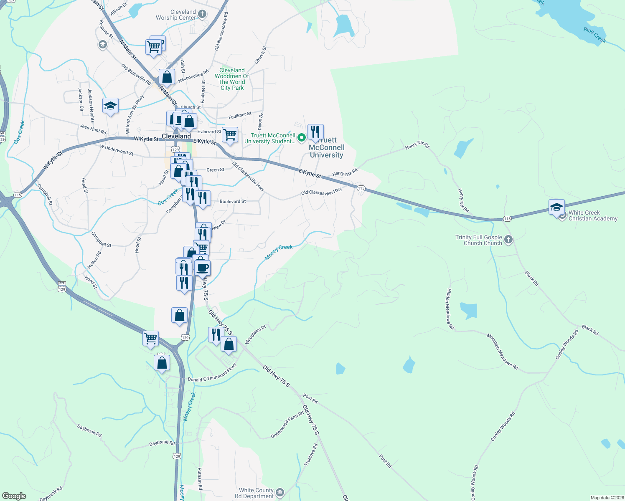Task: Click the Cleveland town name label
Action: pyautogui.click(x=176, y=137)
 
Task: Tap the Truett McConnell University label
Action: pyautogui.click(x=326, y=148)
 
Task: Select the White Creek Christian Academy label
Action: pyautogui.click(x=592, y=215)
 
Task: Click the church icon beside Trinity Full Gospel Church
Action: pyautogui.click(x=508, y=240)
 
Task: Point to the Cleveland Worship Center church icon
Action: pyautogui.click(x=202, y=15)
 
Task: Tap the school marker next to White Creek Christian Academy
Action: pyautogui.click(x=556, y=207)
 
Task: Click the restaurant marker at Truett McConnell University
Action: pyautogui.click(x=315, y=132)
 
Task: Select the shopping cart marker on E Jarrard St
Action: pyautogui.click(x=230, y=135)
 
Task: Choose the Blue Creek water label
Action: pyautogui.click(x=594, y=35)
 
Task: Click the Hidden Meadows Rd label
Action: pyautogui.click(x=450, y=309)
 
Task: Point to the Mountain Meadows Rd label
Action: pyautogui.click(x=502, y=351)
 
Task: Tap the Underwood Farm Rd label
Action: pyautogui.click(x=287, y=424)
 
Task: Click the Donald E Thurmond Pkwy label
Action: pyautogui.click(x=212, y=373)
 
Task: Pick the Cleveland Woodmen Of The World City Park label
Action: pyautogui.click(x=232, y=79)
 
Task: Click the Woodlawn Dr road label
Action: pyautogui.click(x=255, y=335)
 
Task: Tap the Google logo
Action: pyautogui.click(x=14, y=496)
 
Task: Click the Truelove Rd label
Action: pyautogui.click(x=311, y=455)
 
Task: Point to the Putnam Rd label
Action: pyautogui.click(x=200, y=478)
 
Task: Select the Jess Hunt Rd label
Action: pyautogui.click(x=93, y=129)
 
